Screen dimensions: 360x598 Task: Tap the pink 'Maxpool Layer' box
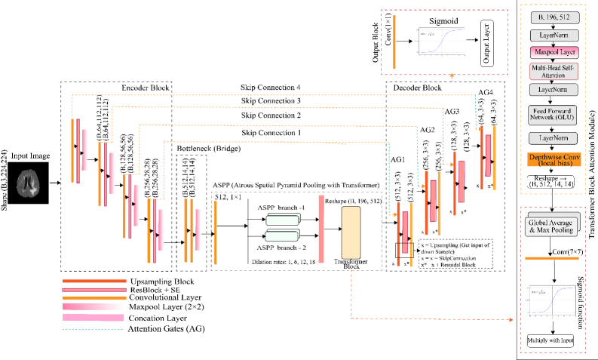554,52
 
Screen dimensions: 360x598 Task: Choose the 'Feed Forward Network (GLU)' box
554,114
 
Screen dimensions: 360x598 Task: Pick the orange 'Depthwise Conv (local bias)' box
554,159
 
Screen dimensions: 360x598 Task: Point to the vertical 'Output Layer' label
486,43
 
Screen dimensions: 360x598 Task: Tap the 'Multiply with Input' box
550,340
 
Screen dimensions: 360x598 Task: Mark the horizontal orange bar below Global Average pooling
551,258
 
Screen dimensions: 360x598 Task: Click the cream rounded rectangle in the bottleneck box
351,232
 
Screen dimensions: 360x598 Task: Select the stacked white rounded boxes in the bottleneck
283,227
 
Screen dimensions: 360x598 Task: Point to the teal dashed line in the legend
93,329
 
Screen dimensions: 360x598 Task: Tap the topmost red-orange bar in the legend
94,281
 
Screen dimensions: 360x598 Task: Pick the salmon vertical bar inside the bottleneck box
321,229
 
